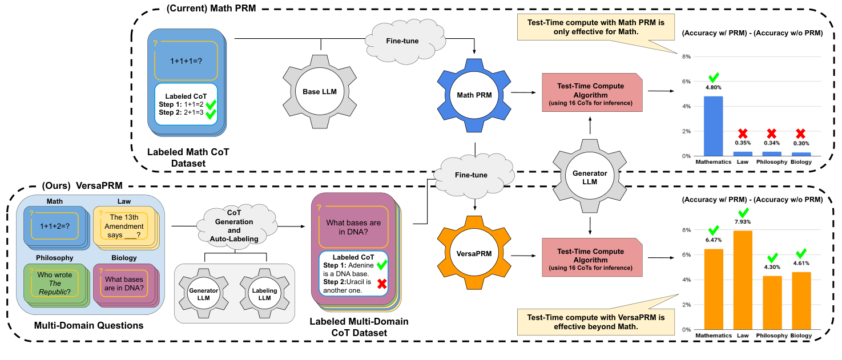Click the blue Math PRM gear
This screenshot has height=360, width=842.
(x=472, y=92)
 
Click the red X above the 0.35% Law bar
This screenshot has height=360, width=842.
(x=742, y=134)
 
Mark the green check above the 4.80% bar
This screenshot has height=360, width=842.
(x=713, y=78)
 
